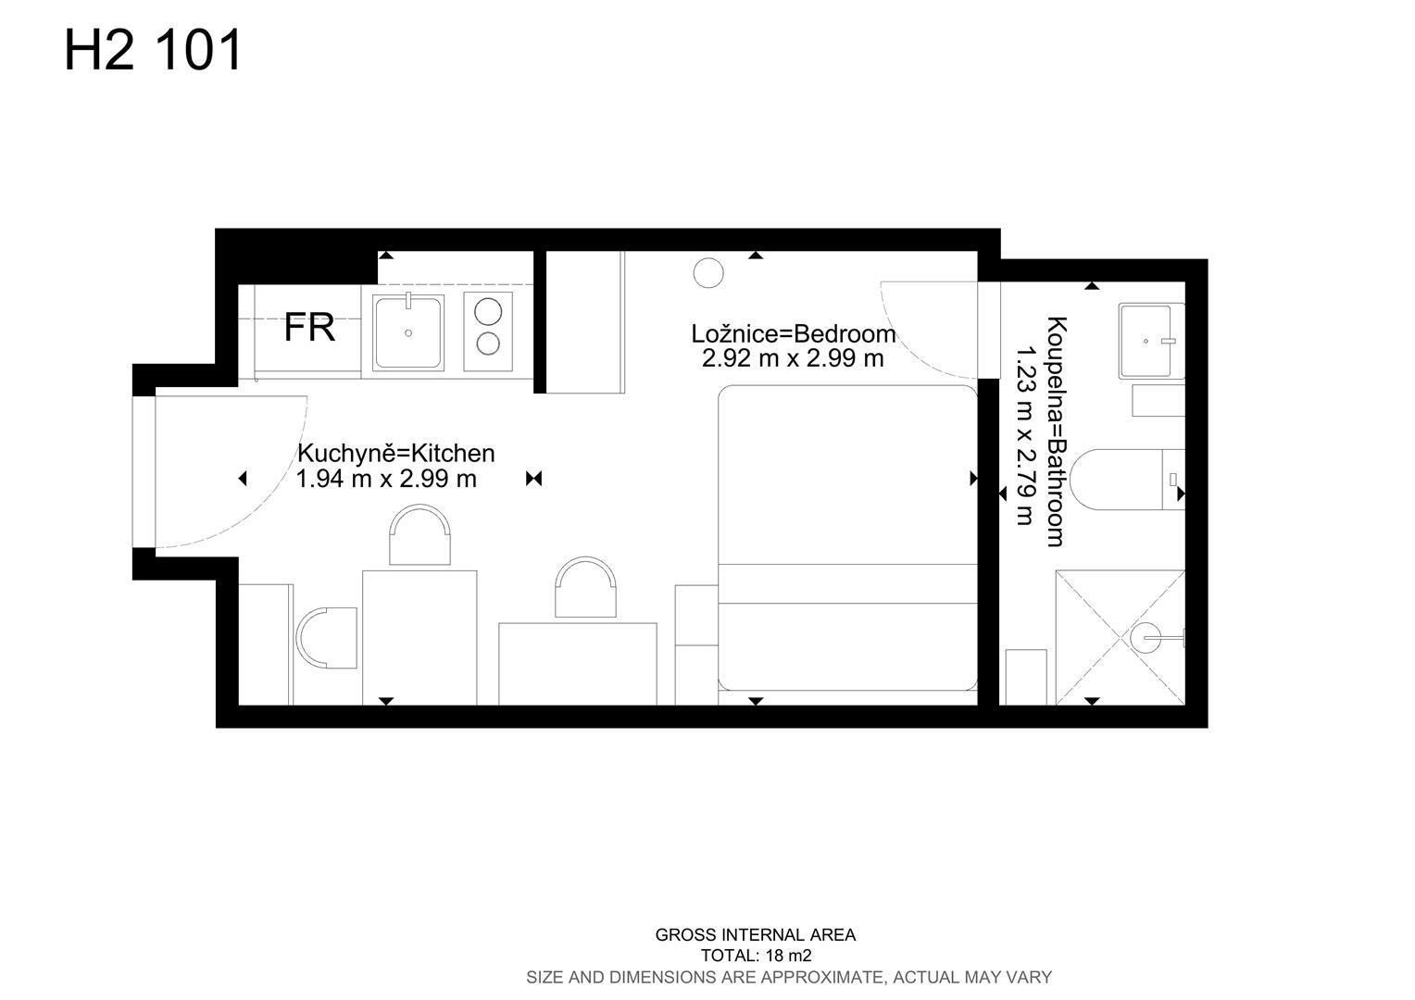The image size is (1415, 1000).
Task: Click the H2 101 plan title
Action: [153, 50]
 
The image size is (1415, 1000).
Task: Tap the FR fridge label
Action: [309, 327]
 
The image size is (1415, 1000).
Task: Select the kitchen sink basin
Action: [408, 332]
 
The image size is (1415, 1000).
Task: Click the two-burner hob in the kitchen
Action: [488, 331]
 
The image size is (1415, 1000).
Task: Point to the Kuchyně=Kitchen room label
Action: [396, 454]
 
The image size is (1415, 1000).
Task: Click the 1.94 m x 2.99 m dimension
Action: [386, 479]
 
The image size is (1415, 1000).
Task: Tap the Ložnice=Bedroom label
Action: [794, 333]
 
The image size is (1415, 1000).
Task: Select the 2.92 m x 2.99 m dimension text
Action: [793, 358]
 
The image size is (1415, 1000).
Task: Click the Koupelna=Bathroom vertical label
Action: [1057, 431]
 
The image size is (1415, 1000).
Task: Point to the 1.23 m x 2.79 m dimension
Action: [1024, 435]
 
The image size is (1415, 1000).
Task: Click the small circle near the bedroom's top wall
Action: [708, 273]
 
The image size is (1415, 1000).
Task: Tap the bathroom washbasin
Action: [1152, 341]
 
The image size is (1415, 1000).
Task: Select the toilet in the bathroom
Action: [1128, 480]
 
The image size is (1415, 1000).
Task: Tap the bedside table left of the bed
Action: [696, 644]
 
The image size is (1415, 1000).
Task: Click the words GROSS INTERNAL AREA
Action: [756, 934]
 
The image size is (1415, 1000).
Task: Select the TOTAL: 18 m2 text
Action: [757, 956]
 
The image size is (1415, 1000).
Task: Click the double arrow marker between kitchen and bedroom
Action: [533, 479]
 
